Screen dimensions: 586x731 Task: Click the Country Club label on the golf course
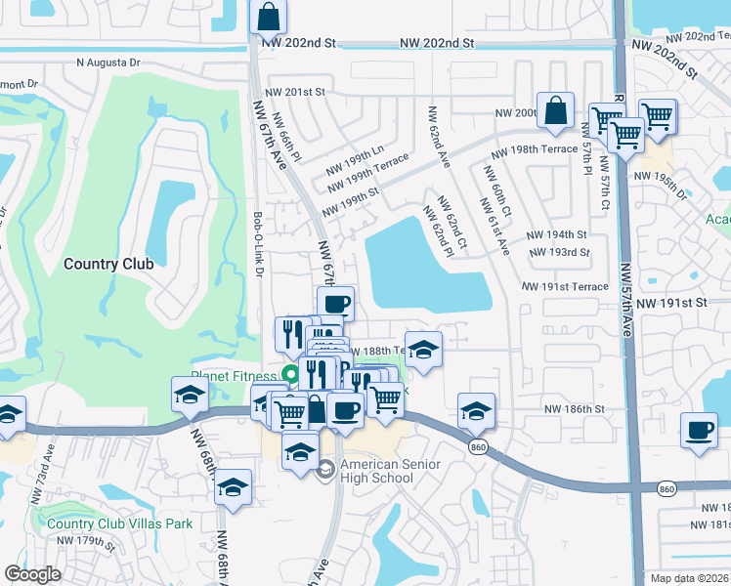108,264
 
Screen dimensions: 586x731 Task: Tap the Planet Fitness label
235,375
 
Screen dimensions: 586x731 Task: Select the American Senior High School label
389,470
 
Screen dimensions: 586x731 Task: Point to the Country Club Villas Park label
119,523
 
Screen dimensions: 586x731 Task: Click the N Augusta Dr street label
108,63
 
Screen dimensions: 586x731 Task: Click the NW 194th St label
556,235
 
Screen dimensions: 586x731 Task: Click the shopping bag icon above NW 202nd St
268,17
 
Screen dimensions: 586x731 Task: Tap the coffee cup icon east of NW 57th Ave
699,431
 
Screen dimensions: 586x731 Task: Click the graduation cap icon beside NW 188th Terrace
423,350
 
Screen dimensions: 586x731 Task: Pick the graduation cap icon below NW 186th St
476,411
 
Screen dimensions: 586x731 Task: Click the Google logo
32,574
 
